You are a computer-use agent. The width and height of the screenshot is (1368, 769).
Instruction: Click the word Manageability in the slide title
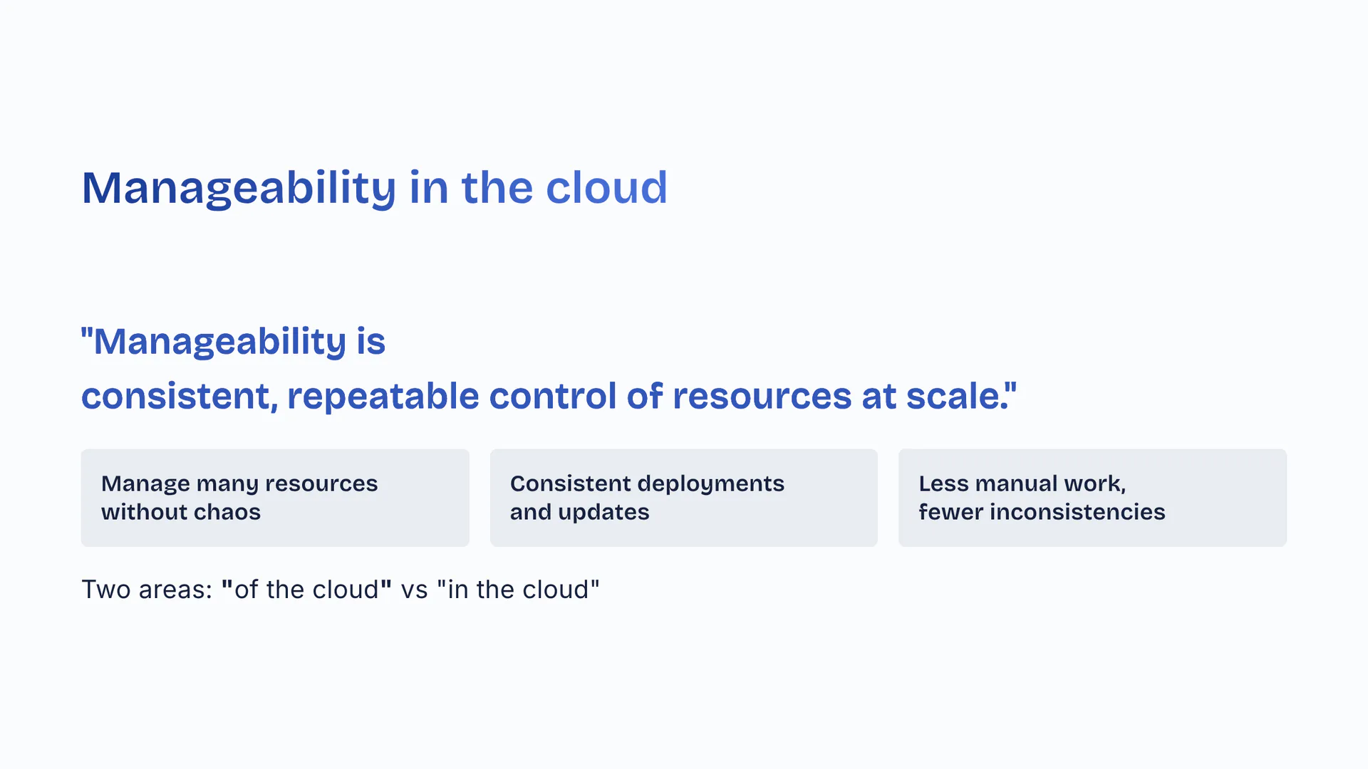[239, 189]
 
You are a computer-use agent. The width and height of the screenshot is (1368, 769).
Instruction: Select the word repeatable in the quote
[383, 397]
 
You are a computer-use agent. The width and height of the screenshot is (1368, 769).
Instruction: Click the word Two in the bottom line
[105, 590]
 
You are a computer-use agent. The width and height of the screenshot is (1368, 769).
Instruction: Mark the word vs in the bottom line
[414, 590]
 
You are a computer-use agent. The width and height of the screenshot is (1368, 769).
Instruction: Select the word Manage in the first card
[145, 485]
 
